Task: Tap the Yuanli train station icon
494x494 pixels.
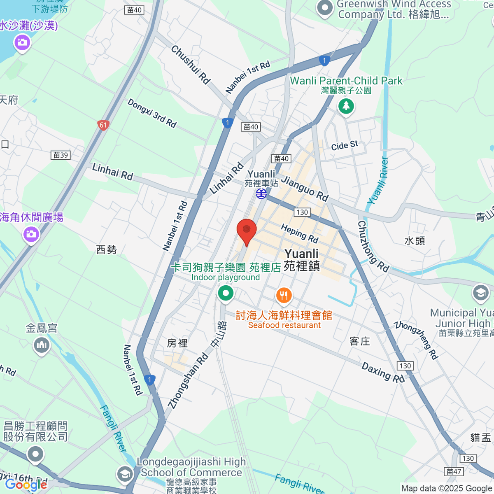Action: pos(261,193)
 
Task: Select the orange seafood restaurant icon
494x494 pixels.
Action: pos(284,295)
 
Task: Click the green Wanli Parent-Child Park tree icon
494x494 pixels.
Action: pos(346,107)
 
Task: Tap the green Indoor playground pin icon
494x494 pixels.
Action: pos(226,294)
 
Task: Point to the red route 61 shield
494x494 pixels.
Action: pos(103,125)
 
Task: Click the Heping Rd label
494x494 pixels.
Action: pos(300,233)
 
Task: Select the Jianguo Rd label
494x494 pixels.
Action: pos(305,189)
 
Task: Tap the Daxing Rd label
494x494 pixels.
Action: pos(383,372)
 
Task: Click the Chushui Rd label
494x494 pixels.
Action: pos(191,64)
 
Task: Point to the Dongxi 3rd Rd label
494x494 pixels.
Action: pos(152,113)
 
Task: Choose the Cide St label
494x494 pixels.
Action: pos(345,145)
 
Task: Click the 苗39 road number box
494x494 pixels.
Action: pos(61,155)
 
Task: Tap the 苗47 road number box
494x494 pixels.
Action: pos(454,471)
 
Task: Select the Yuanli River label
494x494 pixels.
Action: pos(378,181)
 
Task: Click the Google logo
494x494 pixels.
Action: pos(26,485)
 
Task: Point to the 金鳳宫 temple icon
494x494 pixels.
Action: pos(42,345)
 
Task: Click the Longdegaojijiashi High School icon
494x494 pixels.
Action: pos(124,474)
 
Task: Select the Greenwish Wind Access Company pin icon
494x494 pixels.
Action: pos(325,8)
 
